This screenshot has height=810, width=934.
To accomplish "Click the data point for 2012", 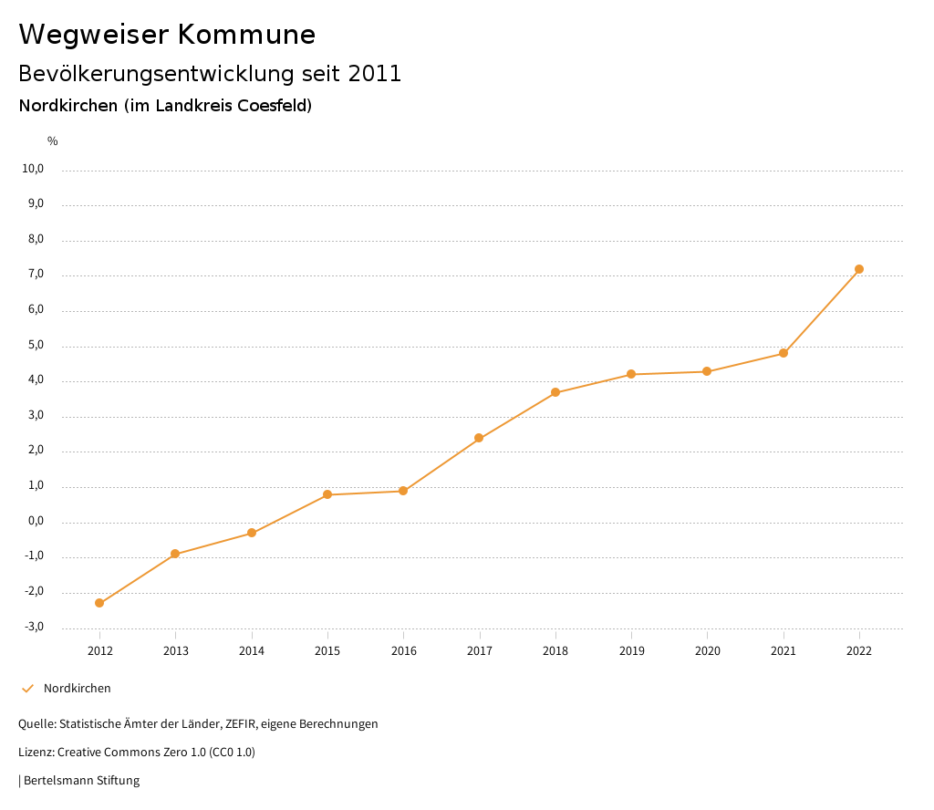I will pyautogui.click(x=99, y=603).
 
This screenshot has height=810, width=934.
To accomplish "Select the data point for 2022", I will pyautogui.click(x=859, y=269).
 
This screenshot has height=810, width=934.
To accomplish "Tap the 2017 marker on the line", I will pyautogui.click(x=479, y=438).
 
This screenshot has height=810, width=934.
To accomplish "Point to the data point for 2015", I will pyautogui.click(x=327, y=494).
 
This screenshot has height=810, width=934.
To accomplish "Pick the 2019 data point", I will pyautogui.click(x=631, y=374).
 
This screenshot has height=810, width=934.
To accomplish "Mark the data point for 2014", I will pyautogui.click(x=252, y=533).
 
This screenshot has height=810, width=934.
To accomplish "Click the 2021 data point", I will pyautogui.click(x=784, y=353).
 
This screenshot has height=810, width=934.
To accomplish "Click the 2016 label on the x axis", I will pyautogui.click(x=403, y=650).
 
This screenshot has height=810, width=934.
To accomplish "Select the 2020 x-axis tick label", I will pyautogui.click(x=707, y=650).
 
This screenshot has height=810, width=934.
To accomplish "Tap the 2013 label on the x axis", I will pyautogui.click(x=176, y=650).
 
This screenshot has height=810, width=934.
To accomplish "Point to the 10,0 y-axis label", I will pyautogui.click(x=33, y=169).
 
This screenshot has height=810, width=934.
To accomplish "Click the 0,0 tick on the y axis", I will pyautogui.click(x=36, y=522).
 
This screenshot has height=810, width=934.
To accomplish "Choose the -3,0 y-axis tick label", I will pyautogui.click(x=34, y=627).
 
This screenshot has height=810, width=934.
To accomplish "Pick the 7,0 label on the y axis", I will pyautogui.click(x=36, y=275).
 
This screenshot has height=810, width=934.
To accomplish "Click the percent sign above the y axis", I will pyautogui.click(x=53, y=141).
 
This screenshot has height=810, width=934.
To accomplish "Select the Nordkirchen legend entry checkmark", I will pyautogui.click(x=27, y=689).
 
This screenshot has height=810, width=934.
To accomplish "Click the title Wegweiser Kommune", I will pyautogui.click(x=167, y=35).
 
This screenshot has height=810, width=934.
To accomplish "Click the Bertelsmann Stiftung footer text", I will pyautogui.click(x=81, y=781).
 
